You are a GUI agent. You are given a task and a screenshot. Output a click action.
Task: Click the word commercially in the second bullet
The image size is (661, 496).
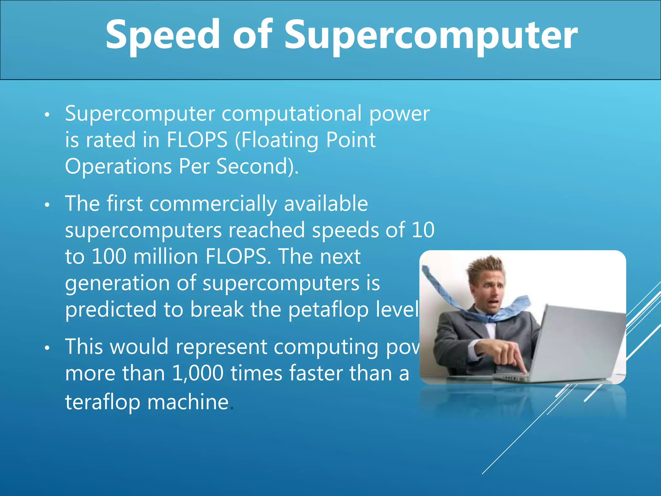point(213,204)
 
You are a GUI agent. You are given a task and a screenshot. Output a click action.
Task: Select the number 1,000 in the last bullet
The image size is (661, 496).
point(198,373)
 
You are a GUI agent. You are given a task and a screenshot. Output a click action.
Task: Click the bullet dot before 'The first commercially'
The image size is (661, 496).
point(47,205)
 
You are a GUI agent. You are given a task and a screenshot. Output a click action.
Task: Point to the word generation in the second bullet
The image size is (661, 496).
point(117,283)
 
